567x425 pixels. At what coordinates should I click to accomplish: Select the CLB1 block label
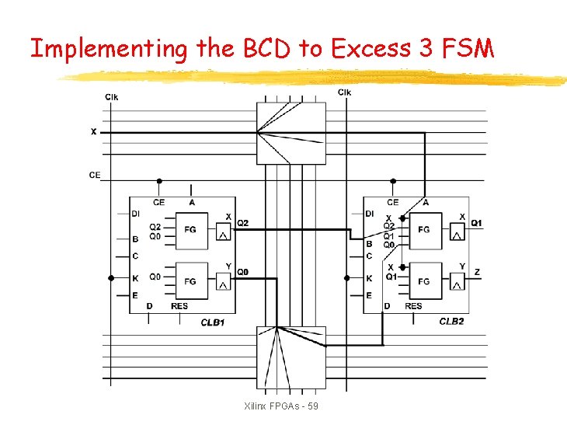point(212,321)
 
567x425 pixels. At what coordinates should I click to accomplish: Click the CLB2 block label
point(451,321)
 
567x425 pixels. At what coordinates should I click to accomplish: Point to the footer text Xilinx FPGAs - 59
point(281,407)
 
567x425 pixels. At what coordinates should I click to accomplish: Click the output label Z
point(477,272)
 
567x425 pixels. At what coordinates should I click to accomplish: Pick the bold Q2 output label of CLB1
point(242,223)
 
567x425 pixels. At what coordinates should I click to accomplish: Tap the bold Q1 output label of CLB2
point(476,223)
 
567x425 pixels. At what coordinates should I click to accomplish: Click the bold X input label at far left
point(94,132)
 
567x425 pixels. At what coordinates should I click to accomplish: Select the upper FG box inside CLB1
point(190,230)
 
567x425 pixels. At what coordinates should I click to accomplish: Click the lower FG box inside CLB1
point(190,280)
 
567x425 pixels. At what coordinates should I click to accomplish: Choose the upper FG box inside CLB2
point(423,230)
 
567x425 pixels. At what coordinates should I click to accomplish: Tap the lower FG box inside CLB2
point(423,280)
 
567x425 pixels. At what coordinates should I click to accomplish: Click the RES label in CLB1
point(179,306)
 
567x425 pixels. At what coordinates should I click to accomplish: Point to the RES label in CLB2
point(413,306)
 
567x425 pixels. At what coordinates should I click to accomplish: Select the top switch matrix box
point(291,133)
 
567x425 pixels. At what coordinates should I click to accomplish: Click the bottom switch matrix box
point(291,357)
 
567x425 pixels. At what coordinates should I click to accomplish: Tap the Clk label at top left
point(112,96)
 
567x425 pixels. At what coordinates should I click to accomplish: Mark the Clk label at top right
point(344,92)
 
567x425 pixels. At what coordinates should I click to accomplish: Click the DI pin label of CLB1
point(136,214)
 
